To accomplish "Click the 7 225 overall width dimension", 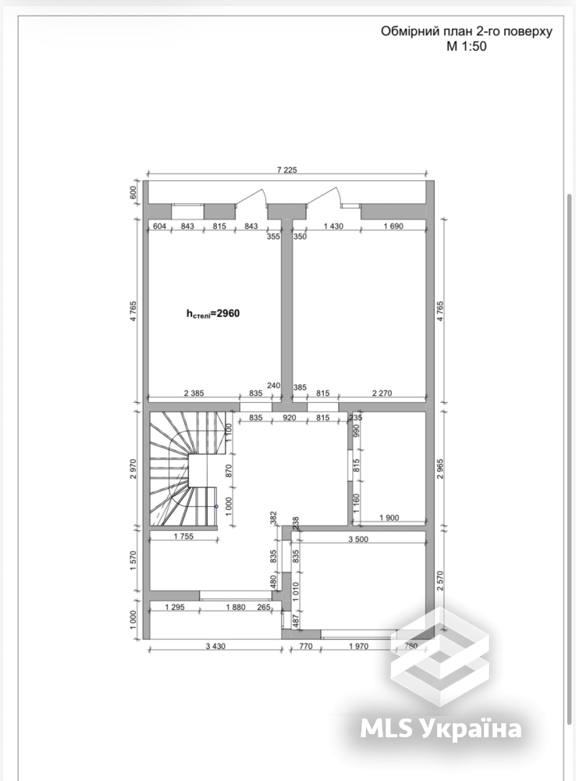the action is pos(286,169).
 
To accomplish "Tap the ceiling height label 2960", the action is pos(213,314).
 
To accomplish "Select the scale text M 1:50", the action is pos(467,47).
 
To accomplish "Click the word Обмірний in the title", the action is pos(408,32).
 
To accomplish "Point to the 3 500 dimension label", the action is pos(358,539).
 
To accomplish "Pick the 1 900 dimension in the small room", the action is pos(389,518).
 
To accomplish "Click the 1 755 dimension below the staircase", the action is pos(183,537).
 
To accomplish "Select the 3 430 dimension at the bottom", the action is pos(215,646).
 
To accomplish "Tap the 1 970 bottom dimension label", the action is pos(358,646).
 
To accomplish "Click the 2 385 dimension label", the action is pos(194,393).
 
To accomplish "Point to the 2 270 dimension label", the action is pos(382,393).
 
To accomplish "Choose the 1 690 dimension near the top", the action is pos(393,226).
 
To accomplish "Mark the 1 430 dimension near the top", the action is pos(333,226).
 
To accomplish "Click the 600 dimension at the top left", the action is pos(133,192).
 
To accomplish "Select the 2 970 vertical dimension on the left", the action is pos(133,469).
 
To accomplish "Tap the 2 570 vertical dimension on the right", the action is pos(440,581).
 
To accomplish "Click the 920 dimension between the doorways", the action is pos(289,417).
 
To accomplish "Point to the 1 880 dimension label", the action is pos(236,607).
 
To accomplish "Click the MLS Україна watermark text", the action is pos(441,729).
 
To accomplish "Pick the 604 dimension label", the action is pos(159,226).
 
